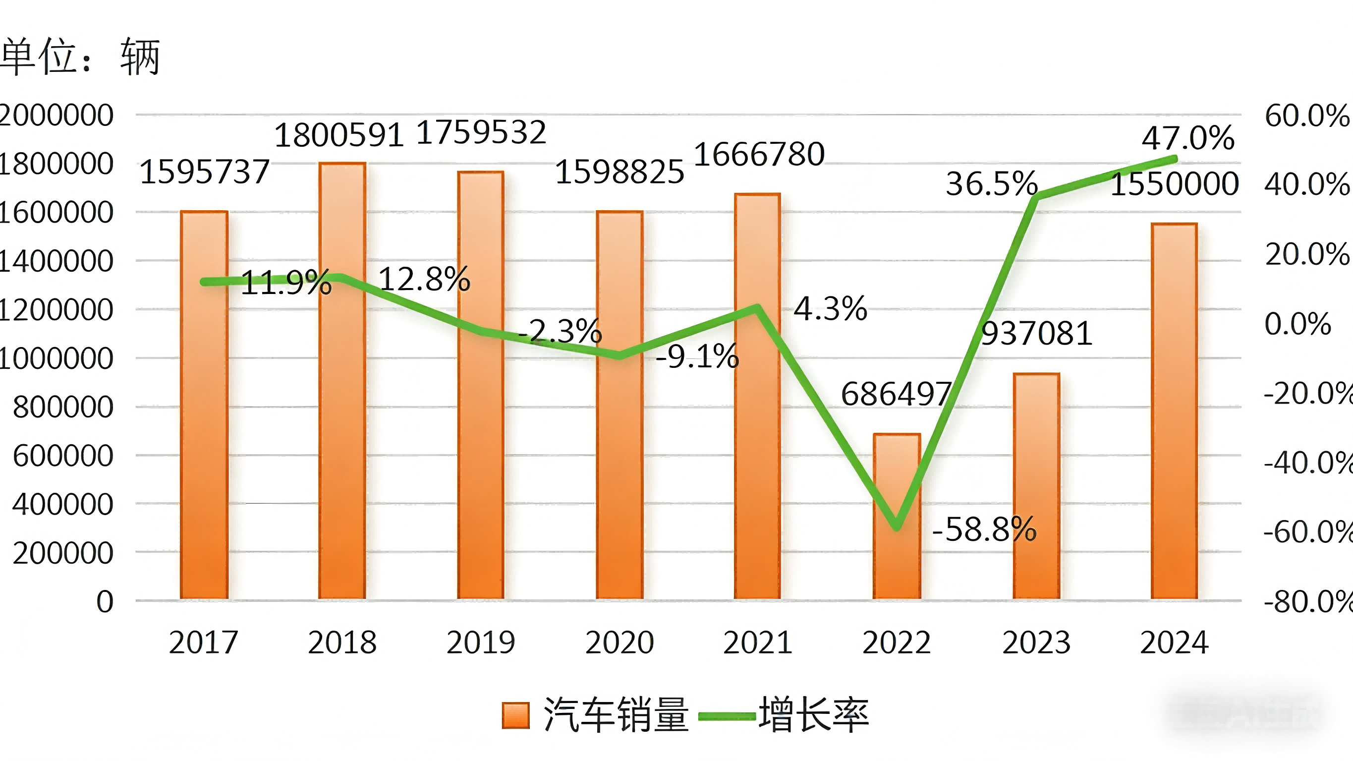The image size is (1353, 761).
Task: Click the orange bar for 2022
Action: [897, 552]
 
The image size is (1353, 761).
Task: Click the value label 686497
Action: [896, 394]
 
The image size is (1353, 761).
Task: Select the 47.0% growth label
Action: [1188, 138]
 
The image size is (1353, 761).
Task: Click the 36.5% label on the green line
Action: [992, 184]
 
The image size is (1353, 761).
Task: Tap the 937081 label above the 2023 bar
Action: [1037, 334]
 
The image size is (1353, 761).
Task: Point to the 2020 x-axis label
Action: [619, 643]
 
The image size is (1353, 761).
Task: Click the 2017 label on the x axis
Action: [204, 643]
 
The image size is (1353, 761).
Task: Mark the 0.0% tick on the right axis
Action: [1297, 324]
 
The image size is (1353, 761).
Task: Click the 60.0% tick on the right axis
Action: [1307, 116]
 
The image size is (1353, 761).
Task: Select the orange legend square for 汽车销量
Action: [515, 716]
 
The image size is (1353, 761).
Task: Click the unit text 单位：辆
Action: [80, 57]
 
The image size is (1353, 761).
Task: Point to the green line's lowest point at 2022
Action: [897, 527]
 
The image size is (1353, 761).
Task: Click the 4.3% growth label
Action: [830, 308]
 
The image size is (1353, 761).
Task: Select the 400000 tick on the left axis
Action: [62, 505]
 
